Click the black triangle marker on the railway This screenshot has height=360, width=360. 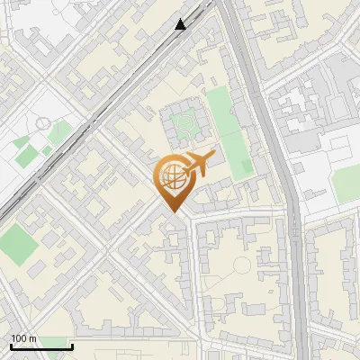click(181, 24)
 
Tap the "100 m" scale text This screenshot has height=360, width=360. click(23, 338)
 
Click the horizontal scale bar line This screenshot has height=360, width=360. click(41, 346)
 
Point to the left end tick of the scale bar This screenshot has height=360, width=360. click(11, 345)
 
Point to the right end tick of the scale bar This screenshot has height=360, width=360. click(72, 345)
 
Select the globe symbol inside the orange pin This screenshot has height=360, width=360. click(172, 178)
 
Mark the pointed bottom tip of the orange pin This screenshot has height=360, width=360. click(173, 212)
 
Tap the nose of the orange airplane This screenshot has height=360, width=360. click(213, 155)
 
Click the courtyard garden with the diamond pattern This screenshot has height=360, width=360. click(184, 123)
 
